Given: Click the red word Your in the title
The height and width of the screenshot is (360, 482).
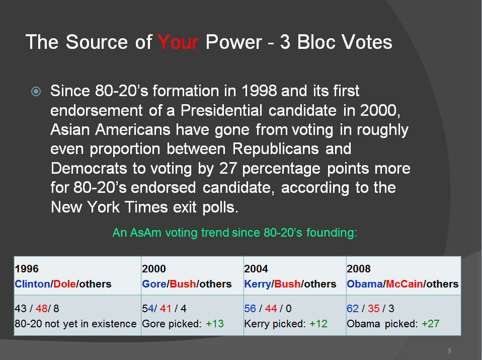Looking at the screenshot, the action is pyautogui.click(x=178, y=42).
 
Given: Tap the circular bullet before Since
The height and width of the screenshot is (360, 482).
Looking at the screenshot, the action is pyautogui.click(x=36, y=92).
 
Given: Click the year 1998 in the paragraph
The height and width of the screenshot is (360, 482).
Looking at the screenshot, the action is pyautogui.click(x=259, y=91).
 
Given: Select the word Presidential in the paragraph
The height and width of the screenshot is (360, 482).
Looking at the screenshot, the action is pyautogui.click(x=221, y=110).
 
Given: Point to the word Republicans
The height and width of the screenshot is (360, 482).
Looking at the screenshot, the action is pyautogui.click(x=275, y=149).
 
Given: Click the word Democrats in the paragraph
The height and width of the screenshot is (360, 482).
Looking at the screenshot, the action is pyautogui.click(x=89, y=168).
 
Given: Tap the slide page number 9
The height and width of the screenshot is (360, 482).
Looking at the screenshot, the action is pyautogui.click(x=449, y=351).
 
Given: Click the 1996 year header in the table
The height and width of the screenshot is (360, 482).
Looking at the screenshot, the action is pyautogui.click(x=27, y=269).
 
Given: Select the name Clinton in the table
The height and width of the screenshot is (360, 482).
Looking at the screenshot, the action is pyautogui.click(x=32, y=283).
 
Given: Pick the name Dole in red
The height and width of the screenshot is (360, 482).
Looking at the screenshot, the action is pyautogui.click(x=64, y=283).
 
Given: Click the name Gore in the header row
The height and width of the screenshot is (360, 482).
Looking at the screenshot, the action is pyautogui.click(x=154, y=283).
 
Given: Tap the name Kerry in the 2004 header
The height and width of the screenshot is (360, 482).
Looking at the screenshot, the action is pyautogui.click(x=258, y=283).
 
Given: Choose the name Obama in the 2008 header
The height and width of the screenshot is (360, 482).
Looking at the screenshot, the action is pyautogui.click(x=365, y=283).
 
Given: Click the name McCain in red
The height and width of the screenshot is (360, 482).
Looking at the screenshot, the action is pyautogui.click(x=404, y=283).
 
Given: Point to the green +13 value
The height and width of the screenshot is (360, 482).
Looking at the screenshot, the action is pyautogui.click(x=214, y=324).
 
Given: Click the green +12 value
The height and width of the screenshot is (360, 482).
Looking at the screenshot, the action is pyautogui.click(x=318, y=324).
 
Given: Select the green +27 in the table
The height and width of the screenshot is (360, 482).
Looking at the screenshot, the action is pyautogui.click(x=430, y=324).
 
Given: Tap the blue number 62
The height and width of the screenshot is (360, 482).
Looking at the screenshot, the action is pyautogui.click(x=353, y=308).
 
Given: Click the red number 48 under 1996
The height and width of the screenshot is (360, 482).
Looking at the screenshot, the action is pyautogui.click(x=41, y=308).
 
